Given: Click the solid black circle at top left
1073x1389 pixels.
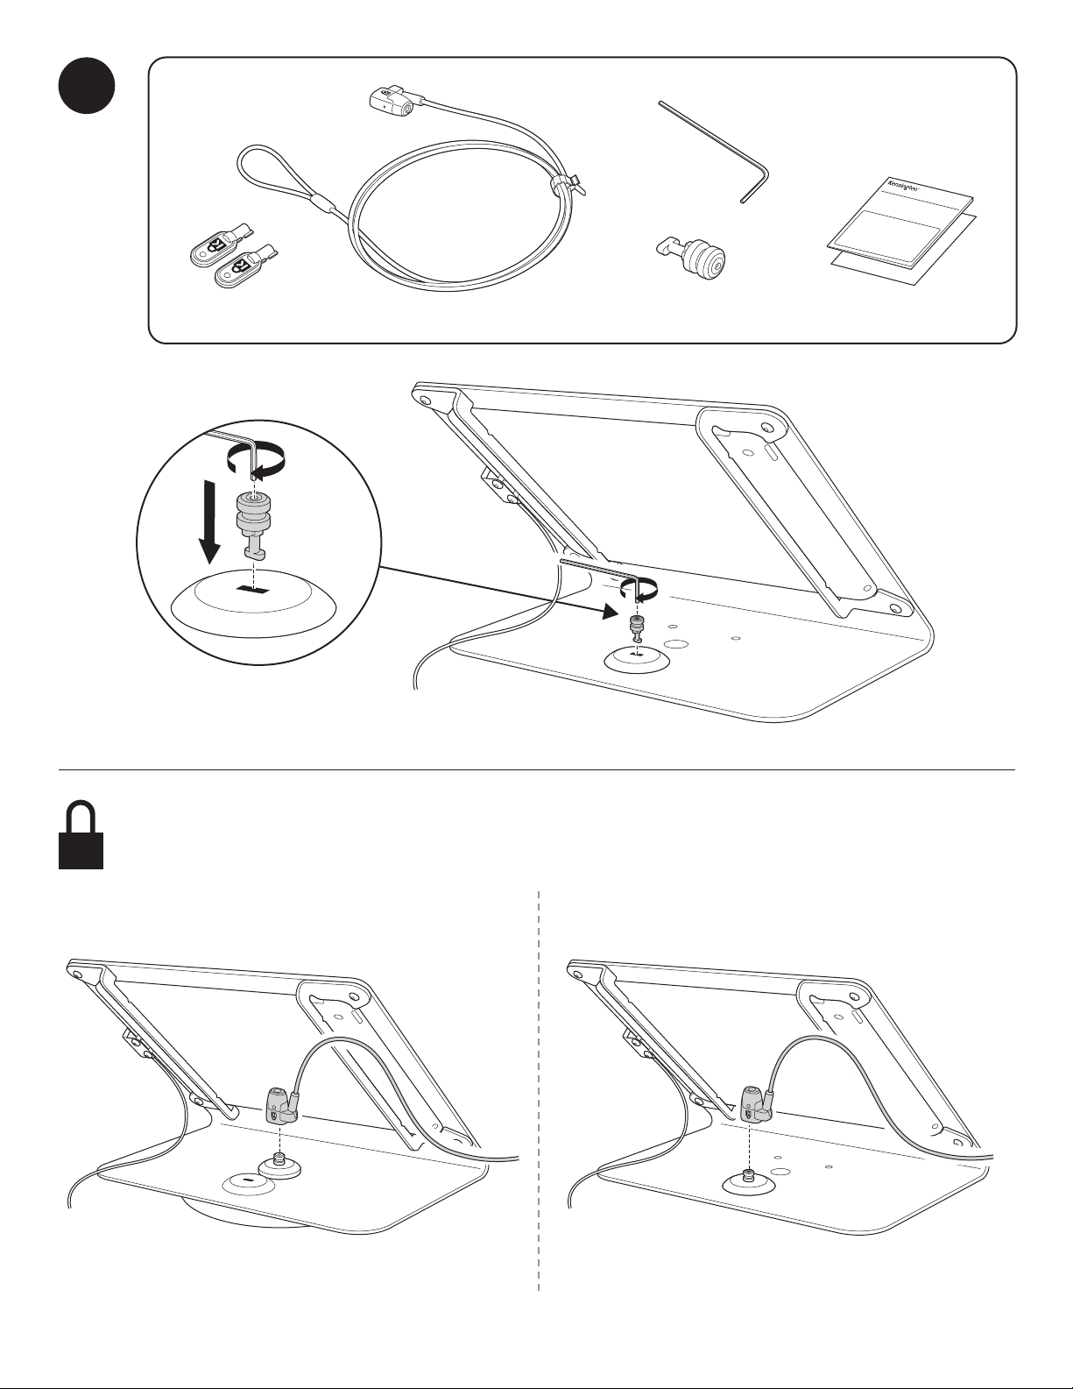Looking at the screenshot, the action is click(87, 86).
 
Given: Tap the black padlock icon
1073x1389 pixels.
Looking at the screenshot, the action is click(81, 835).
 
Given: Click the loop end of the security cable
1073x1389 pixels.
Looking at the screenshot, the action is click(281, 176).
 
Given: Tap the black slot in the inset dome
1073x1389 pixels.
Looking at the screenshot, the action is click(253, 588).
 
